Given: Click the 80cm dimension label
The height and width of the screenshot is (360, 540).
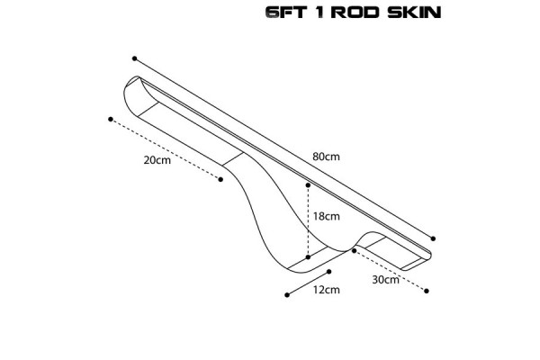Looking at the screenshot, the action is click(x=325, y=157).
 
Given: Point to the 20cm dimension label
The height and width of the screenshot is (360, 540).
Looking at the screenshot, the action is click(x=157, y=160).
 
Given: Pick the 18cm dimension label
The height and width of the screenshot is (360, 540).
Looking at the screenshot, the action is click(x=326, y=217).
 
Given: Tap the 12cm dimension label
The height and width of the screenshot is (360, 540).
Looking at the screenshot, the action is click(x=326, y=290).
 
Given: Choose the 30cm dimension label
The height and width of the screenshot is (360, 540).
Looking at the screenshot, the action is click(x=384, y=279).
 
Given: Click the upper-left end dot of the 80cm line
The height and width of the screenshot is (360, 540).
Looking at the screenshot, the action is click(x=134, y=57).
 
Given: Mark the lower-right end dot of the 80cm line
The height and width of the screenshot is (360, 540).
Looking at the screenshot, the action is click(x=435, y=238).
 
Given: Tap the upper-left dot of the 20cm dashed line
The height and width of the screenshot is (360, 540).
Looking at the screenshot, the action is click(x=110, y=118).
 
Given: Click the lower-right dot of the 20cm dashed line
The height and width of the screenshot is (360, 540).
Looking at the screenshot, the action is click(x=220, y=179).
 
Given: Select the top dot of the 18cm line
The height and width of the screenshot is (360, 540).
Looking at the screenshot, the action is click(x=308, y=185).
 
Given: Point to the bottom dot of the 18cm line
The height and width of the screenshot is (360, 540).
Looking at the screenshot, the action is click(x=308, y=256).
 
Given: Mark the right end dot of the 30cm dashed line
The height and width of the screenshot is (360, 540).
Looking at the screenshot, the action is click(x=427, y=290).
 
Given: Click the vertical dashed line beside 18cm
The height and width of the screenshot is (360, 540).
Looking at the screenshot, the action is click(x=308, y=221).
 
